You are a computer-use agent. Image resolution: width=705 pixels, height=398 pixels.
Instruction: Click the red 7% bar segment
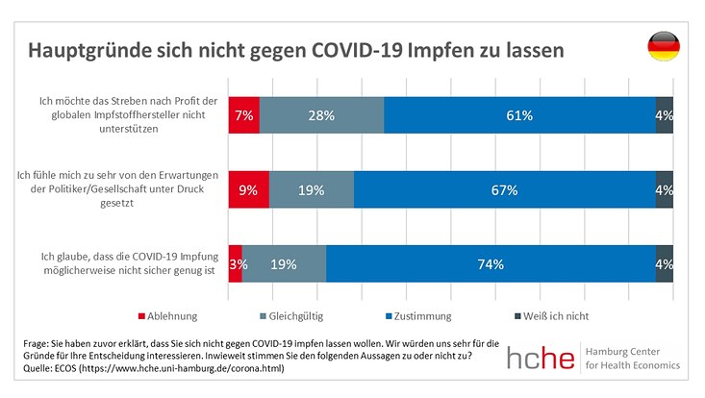pyautogui.click(x=243, y=115)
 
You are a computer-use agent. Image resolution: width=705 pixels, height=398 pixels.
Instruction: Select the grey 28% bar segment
pyautogui.click(x=321, y=115)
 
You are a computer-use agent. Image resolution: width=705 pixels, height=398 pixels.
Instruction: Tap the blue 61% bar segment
pyautogui.click(x=519, y=115)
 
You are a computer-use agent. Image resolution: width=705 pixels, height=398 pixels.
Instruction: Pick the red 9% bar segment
pyautogui.click(x=248, y=189)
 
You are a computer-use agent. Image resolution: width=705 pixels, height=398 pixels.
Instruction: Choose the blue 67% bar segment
pyautogui.click(x=504, y=189)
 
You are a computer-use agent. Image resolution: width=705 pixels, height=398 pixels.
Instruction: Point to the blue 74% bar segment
pyautogui.click(x=491, y=263)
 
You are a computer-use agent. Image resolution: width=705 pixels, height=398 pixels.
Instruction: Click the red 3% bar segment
pyautogui.click(x=235, y=263)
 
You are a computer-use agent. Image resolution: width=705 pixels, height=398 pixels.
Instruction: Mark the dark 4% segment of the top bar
pyautogui.click(x=664, y=115)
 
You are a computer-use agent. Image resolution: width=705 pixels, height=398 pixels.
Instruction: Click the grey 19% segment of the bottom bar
pyautogui.click(x=284, y=263)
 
